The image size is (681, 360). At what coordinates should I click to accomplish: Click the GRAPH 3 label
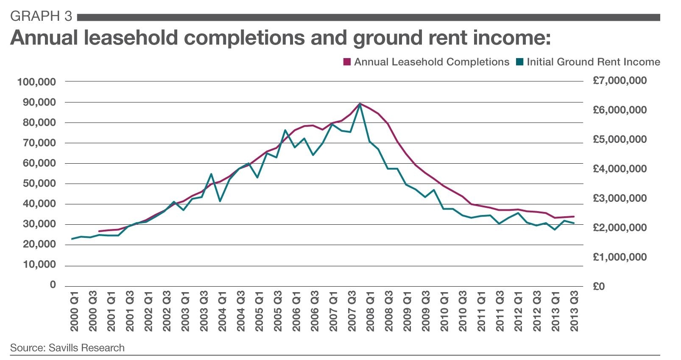[41, 16]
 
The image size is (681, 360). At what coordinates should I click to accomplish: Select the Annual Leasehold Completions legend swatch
[347, 62]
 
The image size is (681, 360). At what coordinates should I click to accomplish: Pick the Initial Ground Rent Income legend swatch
[520, 62]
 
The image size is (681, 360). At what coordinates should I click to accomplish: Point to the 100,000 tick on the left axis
[36, 82]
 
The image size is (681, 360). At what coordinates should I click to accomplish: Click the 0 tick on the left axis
[53, 285]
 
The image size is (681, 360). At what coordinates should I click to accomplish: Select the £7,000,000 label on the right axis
[620, 81]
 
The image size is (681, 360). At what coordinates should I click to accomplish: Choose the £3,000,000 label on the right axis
[620, 198]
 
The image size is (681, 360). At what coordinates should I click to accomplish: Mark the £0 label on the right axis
[599, 286]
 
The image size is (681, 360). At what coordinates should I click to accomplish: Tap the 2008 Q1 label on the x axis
[370, 311]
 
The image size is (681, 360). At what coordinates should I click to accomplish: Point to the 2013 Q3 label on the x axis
[574, 311]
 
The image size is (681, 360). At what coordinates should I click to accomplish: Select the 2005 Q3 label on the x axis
[278, 311]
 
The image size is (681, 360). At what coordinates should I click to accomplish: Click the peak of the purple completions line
[360, 103]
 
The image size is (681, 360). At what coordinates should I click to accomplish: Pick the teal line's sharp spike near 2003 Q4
[211, 174]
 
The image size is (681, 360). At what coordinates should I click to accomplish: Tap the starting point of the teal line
[72, 239]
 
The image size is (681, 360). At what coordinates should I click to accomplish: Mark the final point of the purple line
[574, 216]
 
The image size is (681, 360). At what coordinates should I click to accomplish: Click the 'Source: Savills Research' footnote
[67, 348]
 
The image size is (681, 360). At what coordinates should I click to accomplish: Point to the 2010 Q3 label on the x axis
[463, 311]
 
